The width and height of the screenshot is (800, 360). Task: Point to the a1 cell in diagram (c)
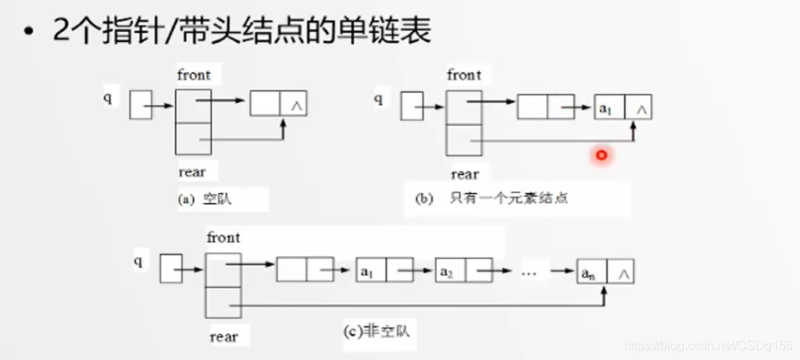coord(370,272)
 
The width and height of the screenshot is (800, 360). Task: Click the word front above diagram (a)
coord(194,75)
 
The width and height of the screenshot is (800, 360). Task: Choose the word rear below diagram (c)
coord(223,337)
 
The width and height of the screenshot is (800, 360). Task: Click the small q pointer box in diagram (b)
coord(412,106)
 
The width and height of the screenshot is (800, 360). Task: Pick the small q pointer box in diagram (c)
coord(171,267)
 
